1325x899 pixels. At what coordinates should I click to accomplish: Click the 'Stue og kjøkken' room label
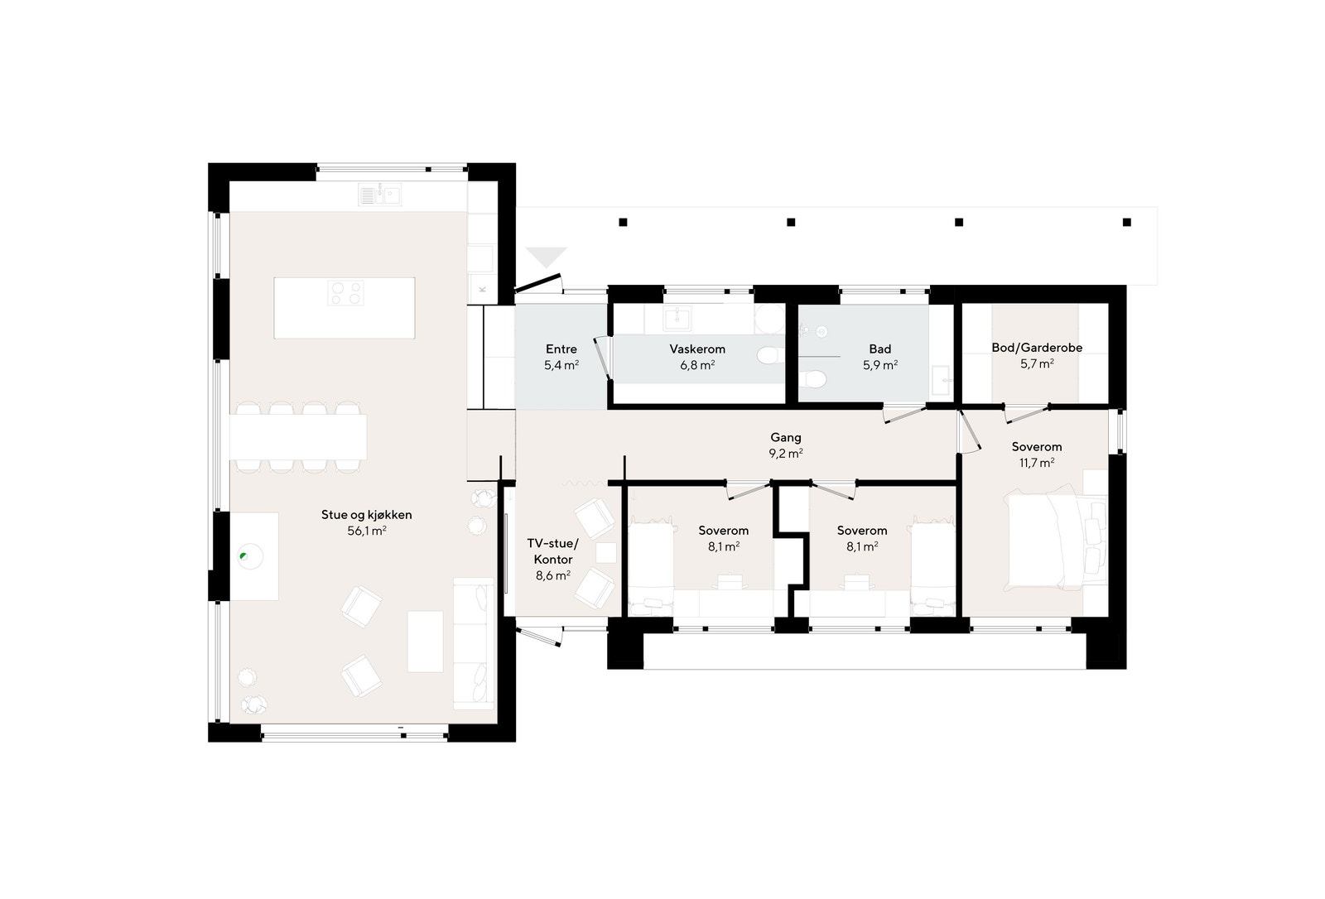point(366,515)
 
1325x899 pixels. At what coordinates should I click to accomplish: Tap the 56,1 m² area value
point(366,531)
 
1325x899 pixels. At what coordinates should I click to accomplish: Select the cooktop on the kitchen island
point(345,293)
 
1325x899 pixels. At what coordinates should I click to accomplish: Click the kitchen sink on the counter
point(380,195)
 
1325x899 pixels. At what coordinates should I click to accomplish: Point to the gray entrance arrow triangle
point(546,257)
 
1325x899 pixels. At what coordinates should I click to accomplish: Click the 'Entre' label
point(561,349)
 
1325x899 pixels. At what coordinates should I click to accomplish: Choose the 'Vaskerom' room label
point(697,349)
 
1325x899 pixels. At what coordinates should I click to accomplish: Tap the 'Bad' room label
point(879,349)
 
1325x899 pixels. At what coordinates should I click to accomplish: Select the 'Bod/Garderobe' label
point(1037,348)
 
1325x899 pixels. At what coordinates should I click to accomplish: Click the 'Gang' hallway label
point(785,438)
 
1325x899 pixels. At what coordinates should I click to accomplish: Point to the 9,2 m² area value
point(785,454)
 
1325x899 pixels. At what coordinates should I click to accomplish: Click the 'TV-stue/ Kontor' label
point(552,551)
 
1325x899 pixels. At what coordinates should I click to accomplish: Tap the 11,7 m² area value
point(1036,463)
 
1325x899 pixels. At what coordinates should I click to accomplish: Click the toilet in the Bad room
point(815,379)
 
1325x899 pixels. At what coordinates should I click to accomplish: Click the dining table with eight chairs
point(298,436)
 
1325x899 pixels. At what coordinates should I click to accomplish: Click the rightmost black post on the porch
point(1126,222)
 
